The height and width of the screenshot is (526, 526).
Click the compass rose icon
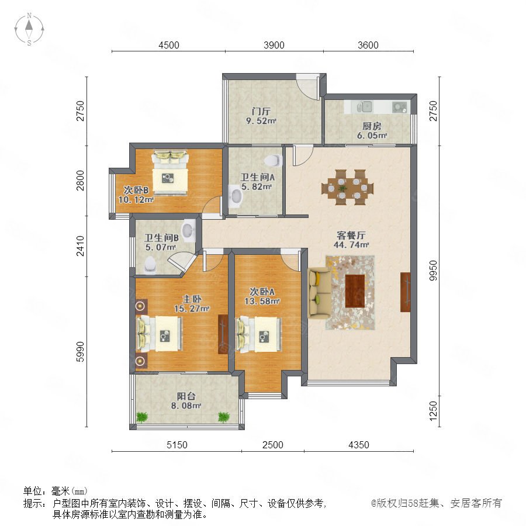point(29,29)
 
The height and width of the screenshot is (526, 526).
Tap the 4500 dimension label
point(169,45)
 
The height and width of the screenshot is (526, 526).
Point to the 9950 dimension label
point(434,271)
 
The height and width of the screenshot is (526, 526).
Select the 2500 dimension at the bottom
point(273,445)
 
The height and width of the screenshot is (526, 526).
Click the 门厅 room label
point(261,111)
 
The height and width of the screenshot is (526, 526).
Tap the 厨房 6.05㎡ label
point(372,131)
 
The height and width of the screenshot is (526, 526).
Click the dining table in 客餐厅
point(348,187)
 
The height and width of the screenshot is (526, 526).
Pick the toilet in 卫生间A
point(274,160)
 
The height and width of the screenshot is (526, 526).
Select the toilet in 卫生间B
point(150,264)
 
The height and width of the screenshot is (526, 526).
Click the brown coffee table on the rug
point(355,291)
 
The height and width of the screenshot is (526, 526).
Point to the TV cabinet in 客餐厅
point(405,292)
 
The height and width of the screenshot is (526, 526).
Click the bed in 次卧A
point(259,334)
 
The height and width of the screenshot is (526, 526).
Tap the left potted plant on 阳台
point(142,417)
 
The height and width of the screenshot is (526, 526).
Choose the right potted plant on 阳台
point(224,417)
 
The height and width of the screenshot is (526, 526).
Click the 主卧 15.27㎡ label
point(192,303)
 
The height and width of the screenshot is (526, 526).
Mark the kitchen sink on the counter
point(366,107)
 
